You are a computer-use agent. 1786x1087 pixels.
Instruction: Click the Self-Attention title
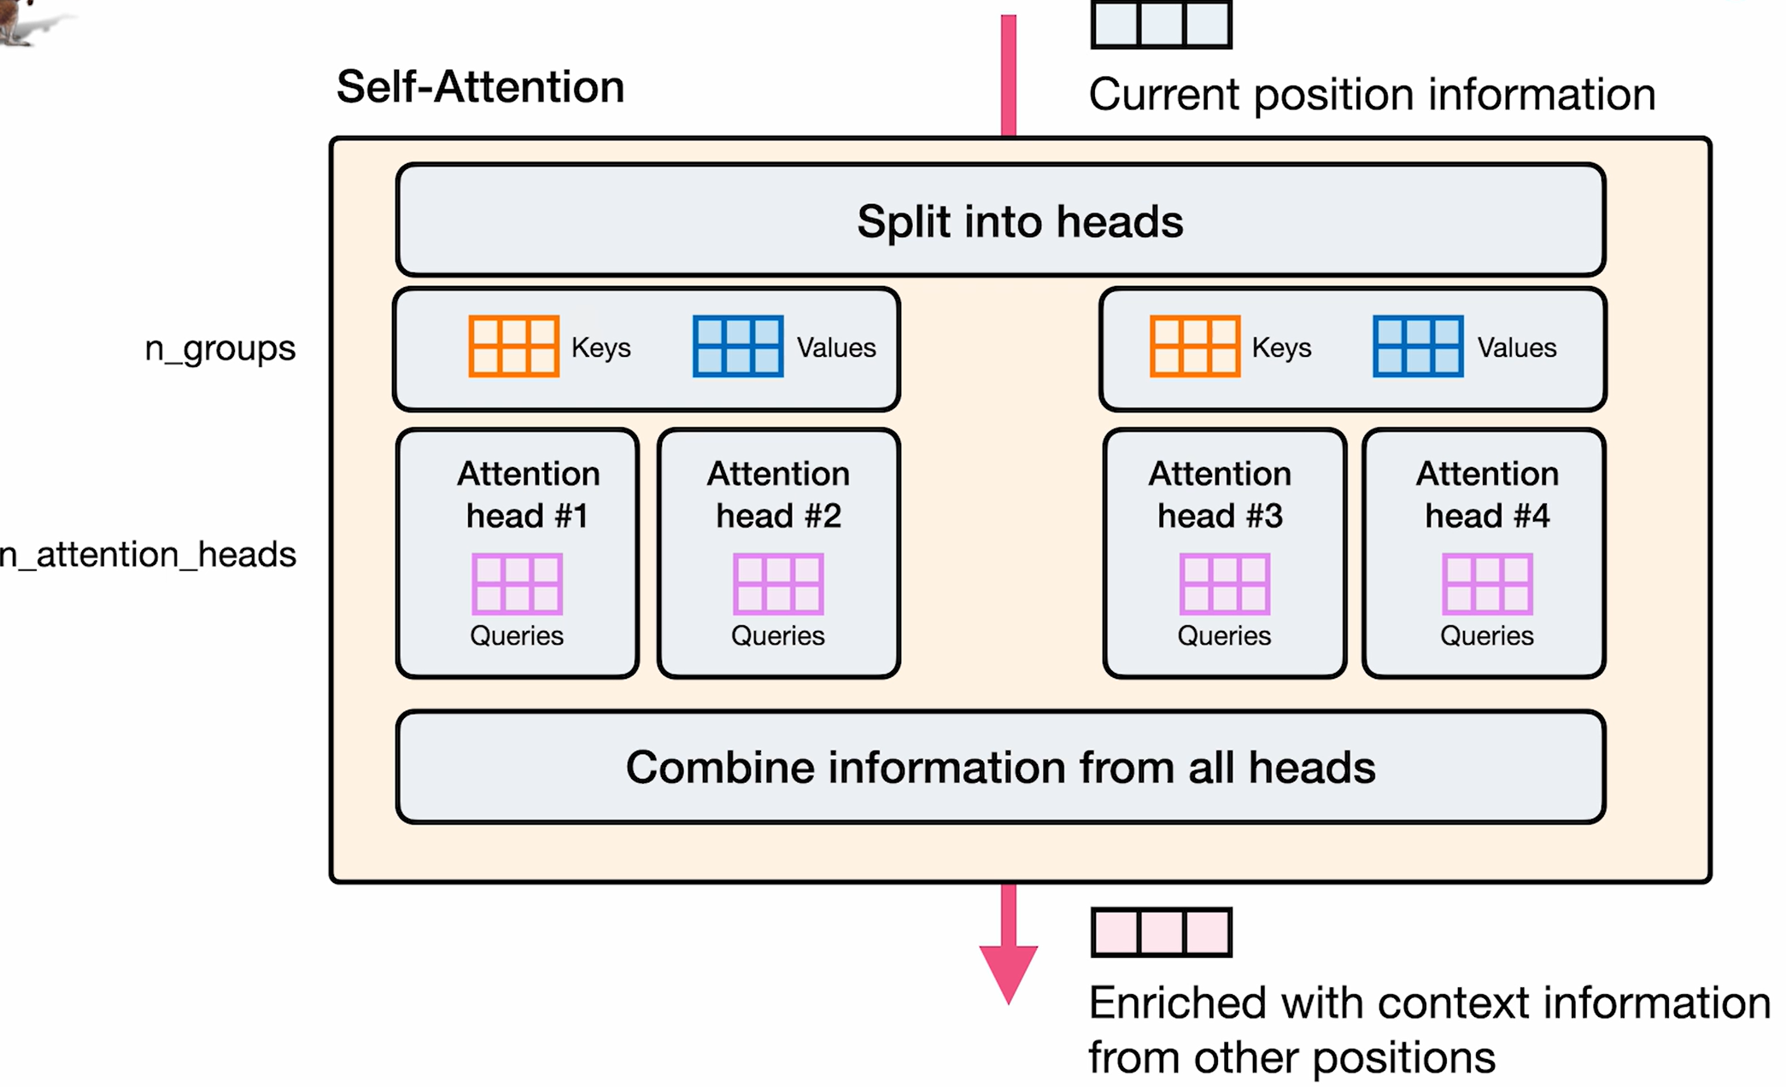[480, 87]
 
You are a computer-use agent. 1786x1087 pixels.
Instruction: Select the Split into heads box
[1000, 220]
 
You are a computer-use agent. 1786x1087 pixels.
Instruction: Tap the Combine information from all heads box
[1000, 767]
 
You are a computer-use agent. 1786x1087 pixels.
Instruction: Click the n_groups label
[220, 348]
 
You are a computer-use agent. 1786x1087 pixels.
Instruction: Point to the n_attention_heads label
[149, 555]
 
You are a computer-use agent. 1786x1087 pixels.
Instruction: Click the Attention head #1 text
[528, 494]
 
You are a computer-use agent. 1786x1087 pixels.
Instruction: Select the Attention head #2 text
[778, 494]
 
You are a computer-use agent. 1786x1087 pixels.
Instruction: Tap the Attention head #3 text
[1220, 494]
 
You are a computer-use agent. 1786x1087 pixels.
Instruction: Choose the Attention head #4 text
[1487, 494]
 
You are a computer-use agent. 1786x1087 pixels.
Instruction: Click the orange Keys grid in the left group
[513, 346]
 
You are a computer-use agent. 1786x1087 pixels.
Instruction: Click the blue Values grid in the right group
[1418, 346]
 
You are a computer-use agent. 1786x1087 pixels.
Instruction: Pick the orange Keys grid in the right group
[1194, 346]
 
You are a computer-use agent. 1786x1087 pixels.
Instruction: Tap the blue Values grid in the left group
[738, 346]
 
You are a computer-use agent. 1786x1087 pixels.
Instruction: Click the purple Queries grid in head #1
[517, 584]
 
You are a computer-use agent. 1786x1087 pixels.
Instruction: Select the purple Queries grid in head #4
[1487, 584]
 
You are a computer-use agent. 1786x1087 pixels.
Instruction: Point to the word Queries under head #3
[1224, 636]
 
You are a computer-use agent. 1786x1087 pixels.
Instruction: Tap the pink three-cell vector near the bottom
[1161, 932]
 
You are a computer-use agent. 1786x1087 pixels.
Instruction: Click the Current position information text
[1372, 94]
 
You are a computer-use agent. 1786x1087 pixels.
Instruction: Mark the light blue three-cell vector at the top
[1161, 24]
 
